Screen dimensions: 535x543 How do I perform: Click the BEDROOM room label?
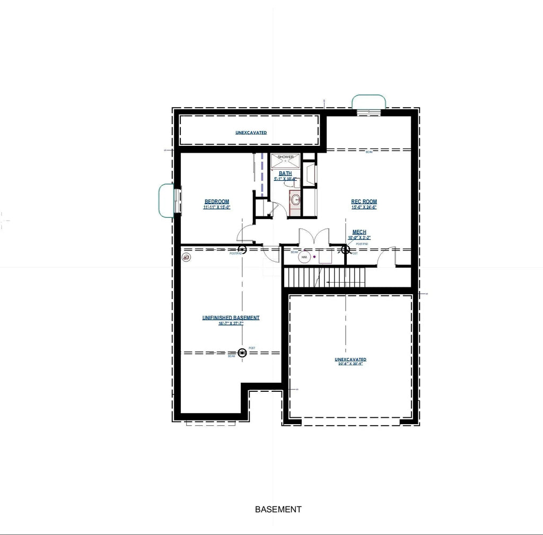[x=217, y=201]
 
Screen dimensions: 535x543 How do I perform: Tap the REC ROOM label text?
[x=364, y=201]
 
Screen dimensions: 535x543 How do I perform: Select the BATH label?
[x=285, y=173]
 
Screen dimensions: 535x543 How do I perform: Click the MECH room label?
[x=359, y=232]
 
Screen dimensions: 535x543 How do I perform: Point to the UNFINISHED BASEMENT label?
[x=231, y=318]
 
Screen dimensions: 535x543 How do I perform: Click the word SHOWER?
[x=285, y=157]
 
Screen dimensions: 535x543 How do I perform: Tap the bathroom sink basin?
[x=295, y=200]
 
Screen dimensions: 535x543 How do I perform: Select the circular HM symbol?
[x=304, y=257]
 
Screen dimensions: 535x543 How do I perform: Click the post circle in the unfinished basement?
[x=242, y=352]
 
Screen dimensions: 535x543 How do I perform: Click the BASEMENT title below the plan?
[x=278, y=510]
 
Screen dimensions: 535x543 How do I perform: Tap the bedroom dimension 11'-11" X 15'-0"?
[x=217, y=207]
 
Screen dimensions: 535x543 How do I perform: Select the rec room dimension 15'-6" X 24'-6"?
[x=364, y=207]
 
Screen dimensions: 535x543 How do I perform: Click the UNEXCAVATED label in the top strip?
[x=251, y=132]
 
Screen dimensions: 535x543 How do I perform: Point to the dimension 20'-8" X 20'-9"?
[x=351, y=364]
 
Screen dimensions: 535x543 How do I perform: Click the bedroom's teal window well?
[x=167, y=200]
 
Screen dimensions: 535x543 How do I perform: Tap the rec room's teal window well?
[x=369, y=101]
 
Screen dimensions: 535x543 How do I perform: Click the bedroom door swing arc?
[x=245, y=233]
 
